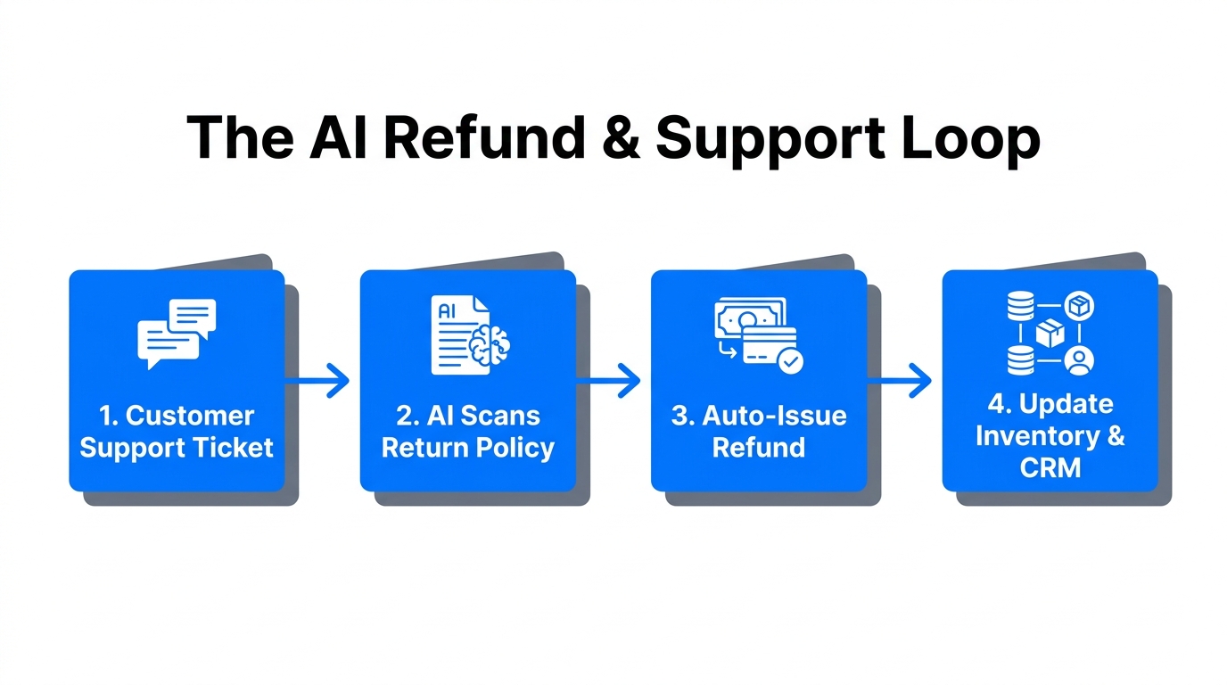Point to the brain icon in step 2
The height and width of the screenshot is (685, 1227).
point(489,345)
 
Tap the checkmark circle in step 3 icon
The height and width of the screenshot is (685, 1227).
point(789,361)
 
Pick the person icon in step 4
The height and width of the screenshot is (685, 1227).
point(1079,360)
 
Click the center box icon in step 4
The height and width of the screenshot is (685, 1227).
point(1050,334)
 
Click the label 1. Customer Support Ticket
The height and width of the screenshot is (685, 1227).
point(177,432)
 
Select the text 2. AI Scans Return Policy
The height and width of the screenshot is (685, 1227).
point(468,432)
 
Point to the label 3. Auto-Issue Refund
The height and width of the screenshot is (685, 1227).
point(759,432)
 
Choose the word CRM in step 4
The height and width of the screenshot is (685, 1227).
point(1050,467)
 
